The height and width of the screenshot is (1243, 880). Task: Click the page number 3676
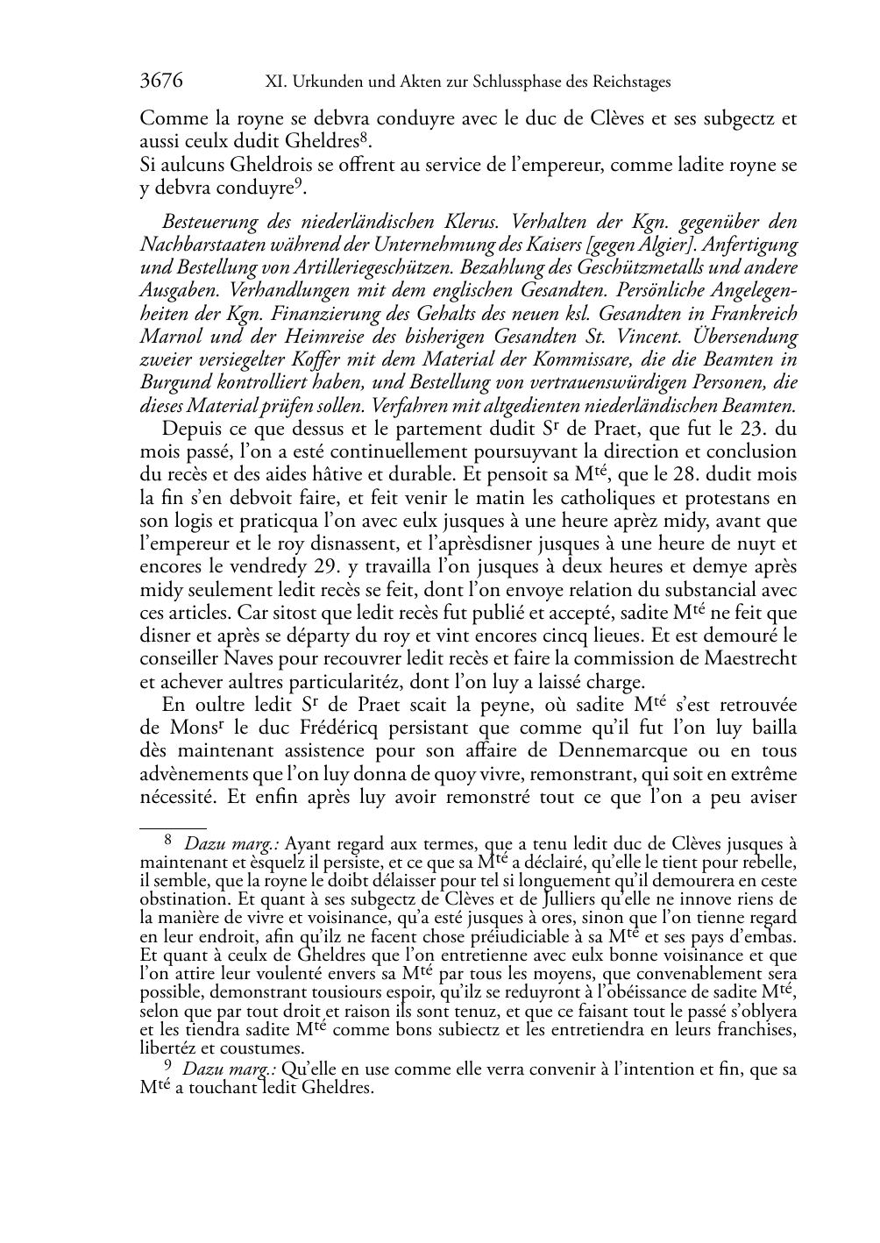(161, 82)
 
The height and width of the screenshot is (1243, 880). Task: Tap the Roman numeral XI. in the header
(275, 82)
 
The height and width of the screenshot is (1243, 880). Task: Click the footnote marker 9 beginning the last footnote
(168, 1068)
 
